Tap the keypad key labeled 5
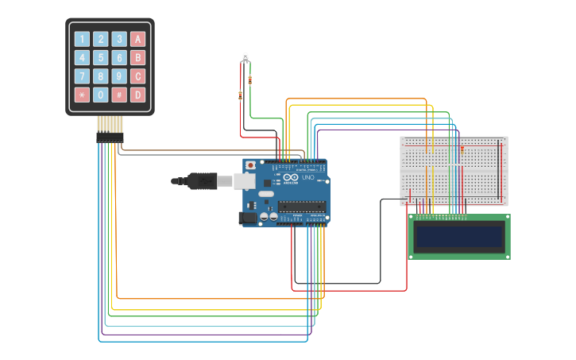pos(100,58)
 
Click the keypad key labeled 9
pos(119,76)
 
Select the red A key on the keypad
pos(137,39)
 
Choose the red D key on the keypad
pos(137,95)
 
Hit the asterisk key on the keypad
pos(82,95)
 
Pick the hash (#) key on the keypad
pos(119,95)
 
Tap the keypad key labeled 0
pos(100,95)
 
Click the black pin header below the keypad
pos(110,137)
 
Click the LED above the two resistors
pos(245,57)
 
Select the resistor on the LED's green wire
pos(251,79)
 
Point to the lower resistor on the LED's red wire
pos(241,95)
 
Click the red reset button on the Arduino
pos(251,165)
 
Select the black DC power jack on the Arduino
pos(249,217)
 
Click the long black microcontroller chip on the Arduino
pos(301,207)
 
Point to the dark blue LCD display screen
pos(459,236)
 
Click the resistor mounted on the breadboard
pos(462,149)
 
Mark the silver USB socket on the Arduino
pos(244,181)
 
